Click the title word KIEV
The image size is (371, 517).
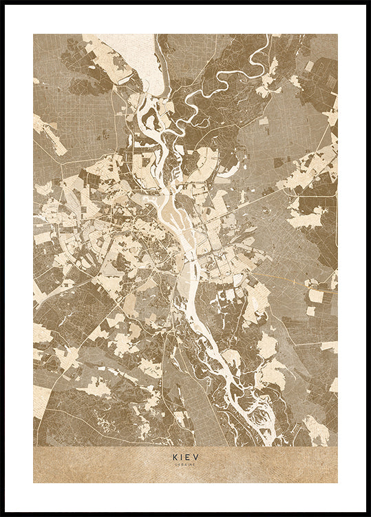tap(185, 456)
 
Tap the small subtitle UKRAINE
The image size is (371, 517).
tap(185, 465)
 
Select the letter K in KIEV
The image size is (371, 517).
tap(175, 456)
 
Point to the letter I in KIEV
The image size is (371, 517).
tap(182, 456)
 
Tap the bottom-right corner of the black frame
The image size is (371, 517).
tap(368, 514)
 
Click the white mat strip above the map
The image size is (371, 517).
tap(185, 19)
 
